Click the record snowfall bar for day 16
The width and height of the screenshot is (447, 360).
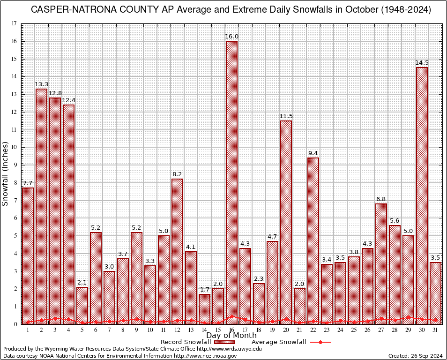(231, 183)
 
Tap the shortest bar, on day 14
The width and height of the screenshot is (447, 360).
(204, 309)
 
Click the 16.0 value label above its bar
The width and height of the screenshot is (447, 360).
(231, 37)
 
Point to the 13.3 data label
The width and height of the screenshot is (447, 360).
(41, 84)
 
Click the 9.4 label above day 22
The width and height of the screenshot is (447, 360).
(313, 153)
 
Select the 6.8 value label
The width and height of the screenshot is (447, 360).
(381, 199)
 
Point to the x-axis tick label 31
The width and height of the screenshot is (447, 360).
(435, 330)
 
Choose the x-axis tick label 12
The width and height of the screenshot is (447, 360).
(177, 330)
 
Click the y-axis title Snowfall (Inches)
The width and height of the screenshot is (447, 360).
(6, 174)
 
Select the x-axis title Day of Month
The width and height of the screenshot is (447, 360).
(231, 336)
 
